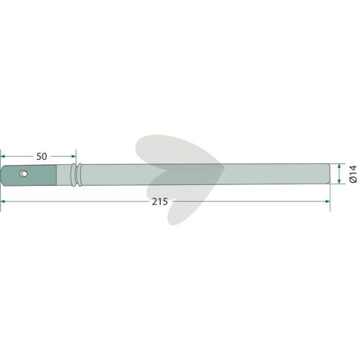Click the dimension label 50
click(42, 156)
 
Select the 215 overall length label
click(160, 202)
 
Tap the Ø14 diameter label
click(354, 174)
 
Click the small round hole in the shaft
click(23, 174)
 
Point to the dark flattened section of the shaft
click(29, 176)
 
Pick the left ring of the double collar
click(73, 175)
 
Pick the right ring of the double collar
click(78, 175)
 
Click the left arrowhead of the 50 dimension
click(3, 156)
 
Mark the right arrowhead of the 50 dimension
click(73, 156)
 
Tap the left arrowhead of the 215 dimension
click(3, 202)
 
